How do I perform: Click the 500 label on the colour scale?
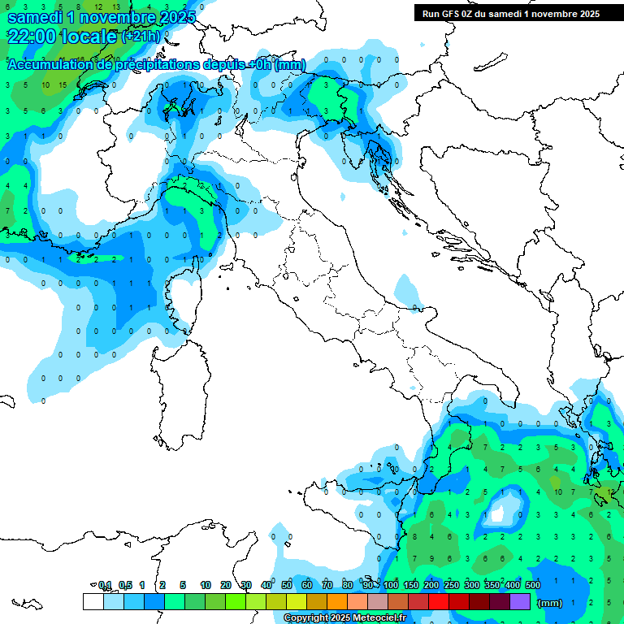[x=532, y=585]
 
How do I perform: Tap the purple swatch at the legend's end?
[x=520, y=601]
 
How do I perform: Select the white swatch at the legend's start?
[x=93, y=601]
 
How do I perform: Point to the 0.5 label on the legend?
[x=125, y=585]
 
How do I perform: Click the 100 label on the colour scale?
[x=391, y=585]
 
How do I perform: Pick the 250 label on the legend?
[x=452, y=585]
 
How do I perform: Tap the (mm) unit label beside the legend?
[x=550, y=603]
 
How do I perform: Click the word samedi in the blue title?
[x=36, y=15]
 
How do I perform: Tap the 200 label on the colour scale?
[x=431, y=585]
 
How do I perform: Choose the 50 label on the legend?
[x=287, y=585]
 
